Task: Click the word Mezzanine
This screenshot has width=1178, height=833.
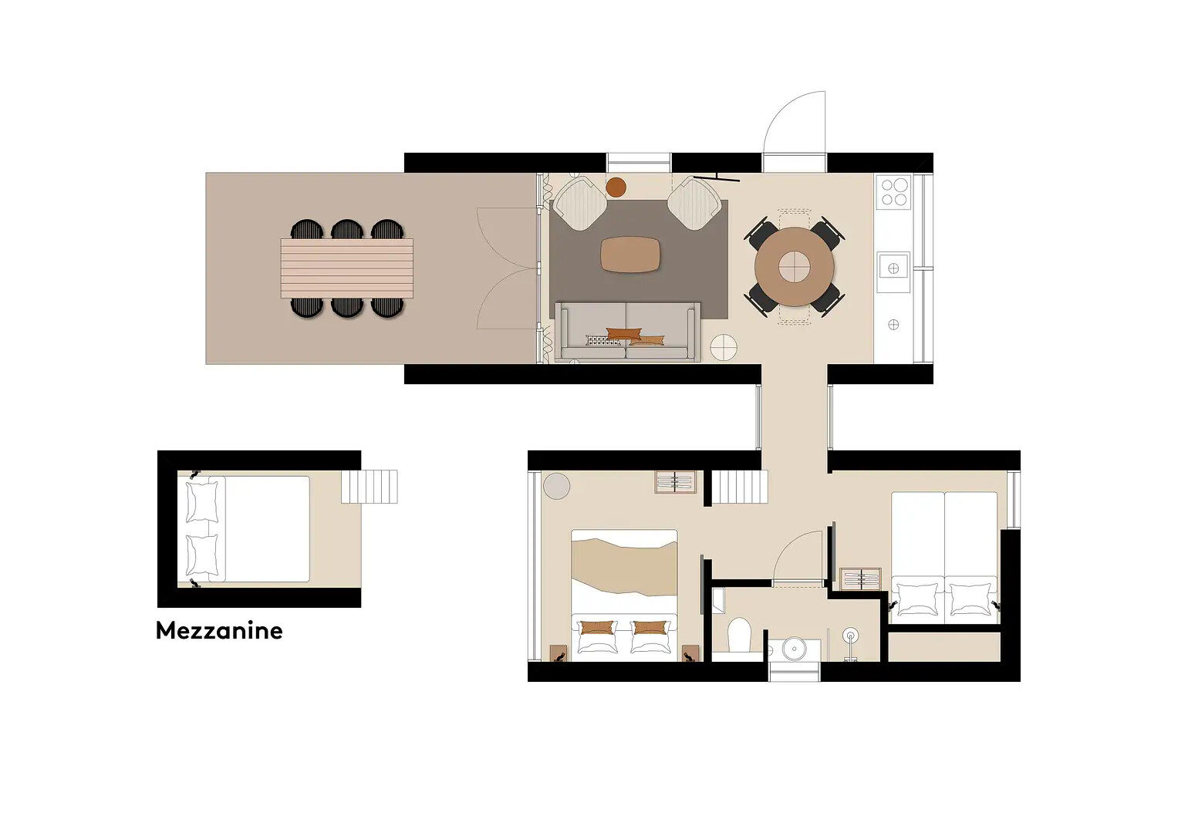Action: coord(219,631)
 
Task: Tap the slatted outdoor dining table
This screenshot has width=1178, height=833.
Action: coord(346,268)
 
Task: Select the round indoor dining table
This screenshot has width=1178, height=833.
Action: coord(794,267)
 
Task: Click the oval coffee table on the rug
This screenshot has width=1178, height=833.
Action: coord(630,255)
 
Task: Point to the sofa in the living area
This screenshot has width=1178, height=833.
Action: coord(628,332)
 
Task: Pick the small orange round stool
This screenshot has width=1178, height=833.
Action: coord(616,187)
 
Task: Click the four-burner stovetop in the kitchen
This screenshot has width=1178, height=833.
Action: coord(893,192)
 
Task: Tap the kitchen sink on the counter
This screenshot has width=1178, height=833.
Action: coord(893,268)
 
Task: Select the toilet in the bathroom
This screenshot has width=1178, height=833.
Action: coord(739,636)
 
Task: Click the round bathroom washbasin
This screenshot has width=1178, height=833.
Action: coord(794,649)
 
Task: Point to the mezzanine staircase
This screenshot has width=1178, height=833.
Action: coord(370,487)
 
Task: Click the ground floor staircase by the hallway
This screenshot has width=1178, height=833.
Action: coord(740,487)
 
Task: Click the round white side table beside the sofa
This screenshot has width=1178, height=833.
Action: coord(724,347)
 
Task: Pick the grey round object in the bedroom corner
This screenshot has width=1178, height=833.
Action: coord(556,485)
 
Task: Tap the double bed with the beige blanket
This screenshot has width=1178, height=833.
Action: coord(624,595)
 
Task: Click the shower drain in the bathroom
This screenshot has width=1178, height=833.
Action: coord(850,636)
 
